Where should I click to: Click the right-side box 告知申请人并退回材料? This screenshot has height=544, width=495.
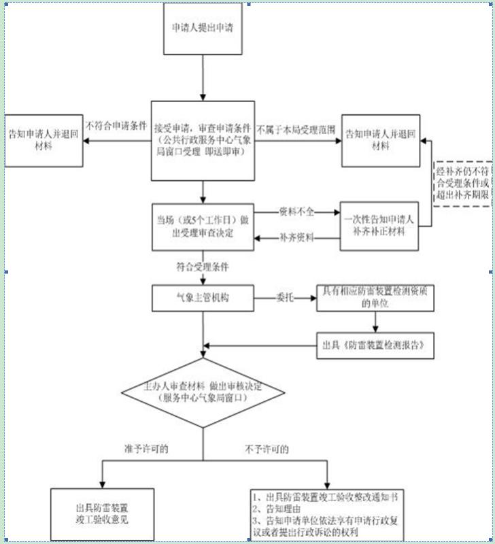click(381, 139)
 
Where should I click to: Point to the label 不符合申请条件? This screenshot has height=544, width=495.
click(116, 126)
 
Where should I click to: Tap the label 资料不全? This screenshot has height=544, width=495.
click(296, 211)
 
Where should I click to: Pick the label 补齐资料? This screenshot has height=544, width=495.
click(296, 238)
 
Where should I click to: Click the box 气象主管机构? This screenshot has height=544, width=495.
click(203, 297)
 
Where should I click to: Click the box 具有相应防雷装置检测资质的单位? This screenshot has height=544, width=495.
click(375, 298)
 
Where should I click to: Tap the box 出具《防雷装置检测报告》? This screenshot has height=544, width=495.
click(375, 344)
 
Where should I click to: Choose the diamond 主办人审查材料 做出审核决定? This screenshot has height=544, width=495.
click(203, 392)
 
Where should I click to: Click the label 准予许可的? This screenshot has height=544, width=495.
click(146, 449)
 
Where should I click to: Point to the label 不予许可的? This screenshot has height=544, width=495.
click(266, 449)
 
